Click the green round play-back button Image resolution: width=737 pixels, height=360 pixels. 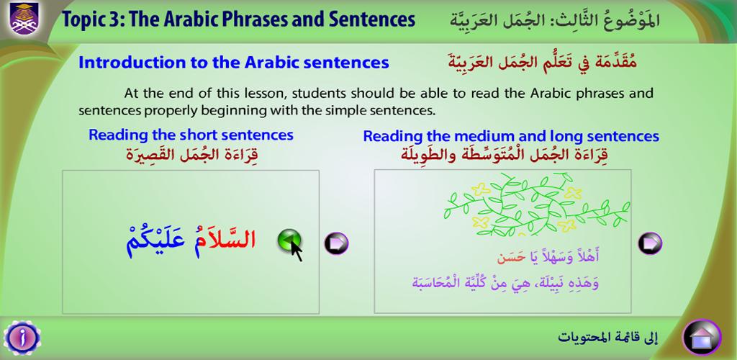point(289,241)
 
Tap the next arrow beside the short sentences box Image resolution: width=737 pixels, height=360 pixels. point(337,243)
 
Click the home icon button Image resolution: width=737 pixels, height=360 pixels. point(702,337)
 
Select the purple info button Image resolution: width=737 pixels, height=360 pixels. point(22,338)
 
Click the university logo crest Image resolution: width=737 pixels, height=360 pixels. point(24,18)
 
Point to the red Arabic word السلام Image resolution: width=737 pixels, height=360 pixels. point(227,239)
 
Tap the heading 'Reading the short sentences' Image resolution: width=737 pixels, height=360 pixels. point(191,135)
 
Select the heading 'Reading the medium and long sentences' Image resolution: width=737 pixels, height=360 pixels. point(511,136)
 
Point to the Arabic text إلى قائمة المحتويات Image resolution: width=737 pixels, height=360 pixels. point(608,336)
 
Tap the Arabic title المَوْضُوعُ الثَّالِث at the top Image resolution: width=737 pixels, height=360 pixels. point(609,19)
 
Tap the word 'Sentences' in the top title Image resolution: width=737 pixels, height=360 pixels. point(372,19)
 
